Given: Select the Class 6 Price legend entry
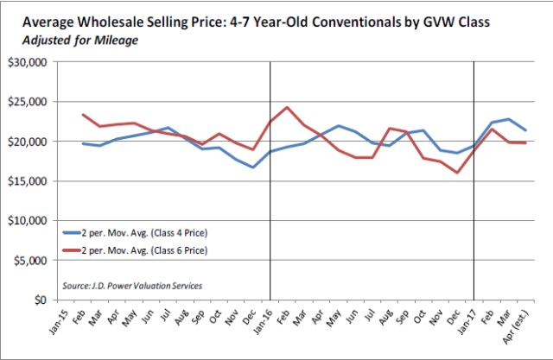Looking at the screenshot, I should pyautogui.click(x=137, y=250).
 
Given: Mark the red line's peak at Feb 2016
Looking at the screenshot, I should pyautogui.click(x=288, y=107).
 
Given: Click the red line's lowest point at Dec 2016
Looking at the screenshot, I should pyautogui.click(x=457, y=173).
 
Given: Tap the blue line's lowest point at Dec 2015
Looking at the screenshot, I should pyautogui.click(x=253, y=167).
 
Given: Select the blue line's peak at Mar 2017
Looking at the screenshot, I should pyautogui.click(x=508, y=119).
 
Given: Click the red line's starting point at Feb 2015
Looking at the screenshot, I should pyautogui.click(x=83, y=115).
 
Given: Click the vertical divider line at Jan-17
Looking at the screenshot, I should pyautogui.click(x=474, y=216).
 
